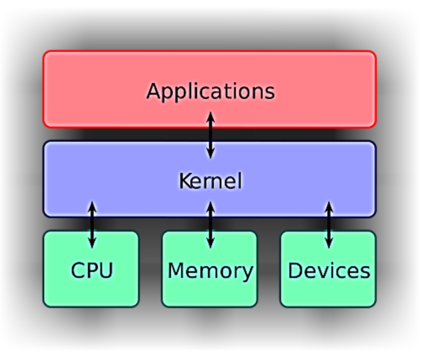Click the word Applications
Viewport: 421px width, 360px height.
(x=210, y=91)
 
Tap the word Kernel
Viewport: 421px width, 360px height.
(x=210, y=181)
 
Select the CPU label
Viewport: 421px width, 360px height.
(x=91, y=271)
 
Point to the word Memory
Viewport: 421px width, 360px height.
(x=210, y=271)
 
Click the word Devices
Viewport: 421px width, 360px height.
(x=328, y=271)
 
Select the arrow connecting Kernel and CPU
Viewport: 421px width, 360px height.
(x=91, y=224)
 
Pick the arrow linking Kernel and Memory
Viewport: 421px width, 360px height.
(x=210, y=224)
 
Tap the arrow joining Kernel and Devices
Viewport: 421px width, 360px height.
(x=328, y=224)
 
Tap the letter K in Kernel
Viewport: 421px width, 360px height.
(x=184, y=181)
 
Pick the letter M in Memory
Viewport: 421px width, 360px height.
(x=177, y=270)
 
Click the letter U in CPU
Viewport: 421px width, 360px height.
(x=105, y=270)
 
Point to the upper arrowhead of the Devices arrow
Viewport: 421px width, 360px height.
(x=328, y=205)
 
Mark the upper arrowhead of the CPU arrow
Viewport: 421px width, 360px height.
(x=91, y=205)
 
